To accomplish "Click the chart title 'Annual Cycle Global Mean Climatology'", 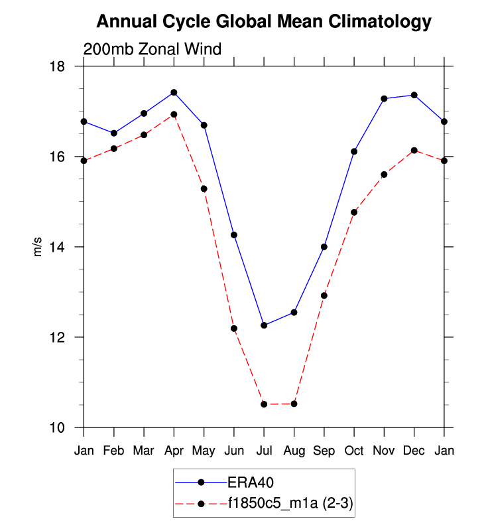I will pyautogui.click(x=263, y=22).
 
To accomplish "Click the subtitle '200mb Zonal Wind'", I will pyautogui.click(x=152, y=49).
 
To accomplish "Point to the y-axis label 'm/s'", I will pyautogui.click(x=38, y=247).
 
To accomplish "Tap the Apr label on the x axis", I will pyautogui.click(x=174, y=451).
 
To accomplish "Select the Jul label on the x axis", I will pyautogui.click(x=264, y=451).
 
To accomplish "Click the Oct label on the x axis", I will pyautogui.click(x=353, y=451).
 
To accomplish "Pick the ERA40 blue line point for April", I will pyautogui.click(x=174, y=92).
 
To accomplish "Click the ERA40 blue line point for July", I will pyautogui.click(x=264, y=325).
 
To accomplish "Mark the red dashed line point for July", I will pyautogui.click(x=264, y=404).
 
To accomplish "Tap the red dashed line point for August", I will pyautogui.click(x=294, y=404).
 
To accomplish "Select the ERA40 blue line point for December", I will pyautogui.click(x=414, y=95).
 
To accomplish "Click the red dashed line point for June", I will pyautogui.click(x=234, y=329).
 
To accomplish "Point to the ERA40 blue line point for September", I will pyautogui.click(x=324, y=247).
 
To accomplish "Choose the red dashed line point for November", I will pyautogui.click(x=384, y=175).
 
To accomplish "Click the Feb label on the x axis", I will pyautogui.click(x=114, y=451).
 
